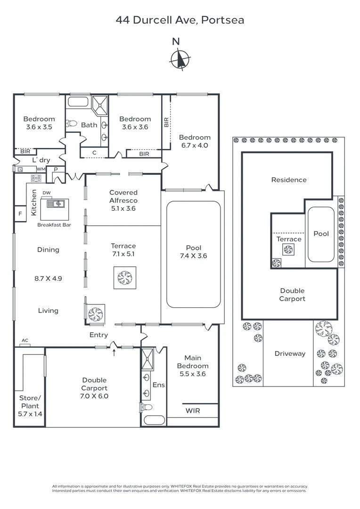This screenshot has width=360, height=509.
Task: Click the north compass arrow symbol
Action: click(x=180, y=59)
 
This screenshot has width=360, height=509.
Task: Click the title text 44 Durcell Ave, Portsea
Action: click(x=180, y=20)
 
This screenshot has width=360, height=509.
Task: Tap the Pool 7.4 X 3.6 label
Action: click(x=193, y=252)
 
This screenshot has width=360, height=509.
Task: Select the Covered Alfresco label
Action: click(x=123, y=200)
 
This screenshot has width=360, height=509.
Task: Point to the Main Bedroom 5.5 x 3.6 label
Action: click(x=193, y=366)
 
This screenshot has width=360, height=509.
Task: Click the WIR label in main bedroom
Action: click(x=193, y=410)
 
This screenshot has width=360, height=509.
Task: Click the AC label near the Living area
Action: click(x=25, y=340)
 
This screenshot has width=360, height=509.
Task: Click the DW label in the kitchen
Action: click(x=46, y=193)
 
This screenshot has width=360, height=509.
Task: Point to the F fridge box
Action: click(x=20, y=213)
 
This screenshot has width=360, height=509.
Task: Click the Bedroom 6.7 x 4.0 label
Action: click(x=194, y=141)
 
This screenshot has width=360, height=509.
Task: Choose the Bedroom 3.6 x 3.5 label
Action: click(x=39, y=123)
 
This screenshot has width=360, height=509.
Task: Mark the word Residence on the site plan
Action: click(x=288, y=180)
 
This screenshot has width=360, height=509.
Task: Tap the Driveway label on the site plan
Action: click(x=290, y=353)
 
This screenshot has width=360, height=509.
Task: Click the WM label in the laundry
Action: click(x=41, y=169)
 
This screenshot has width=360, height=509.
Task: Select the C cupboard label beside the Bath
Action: click(x=94, y=152)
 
